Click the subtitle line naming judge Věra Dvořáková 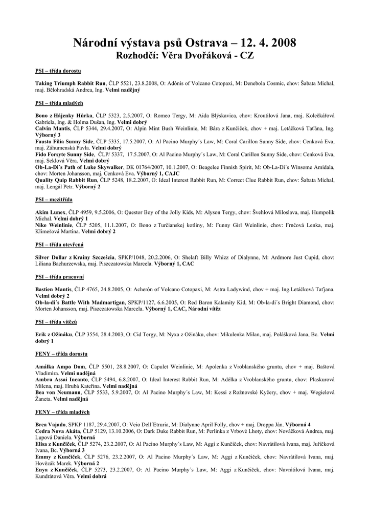[185, 55]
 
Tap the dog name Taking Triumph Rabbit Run [70, 83]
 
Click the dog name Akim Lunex [51, 212]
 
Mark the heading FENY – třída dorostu [61, 354]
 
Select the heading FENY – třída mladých [62, 411]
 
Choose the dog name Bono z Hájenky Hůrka [64, 116]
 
